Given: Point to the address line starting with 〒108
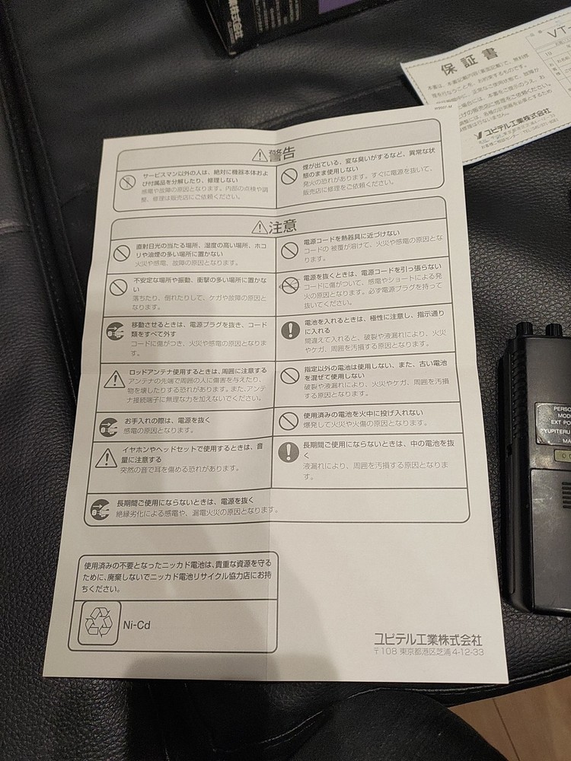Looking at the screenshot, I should point(429,652).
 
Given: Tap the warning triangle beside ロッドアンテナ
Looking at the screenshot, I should point(115,378).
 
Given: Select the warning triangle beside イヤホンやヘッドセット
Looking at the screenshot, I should point(107,457).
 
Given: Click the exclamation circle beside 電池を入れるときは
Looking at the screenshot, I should point(290,330).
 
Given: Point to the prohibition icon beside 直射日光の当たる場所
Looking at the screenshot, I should point(120,251).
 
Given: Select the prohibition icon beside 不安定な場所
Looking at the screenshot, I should point(116,286).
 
